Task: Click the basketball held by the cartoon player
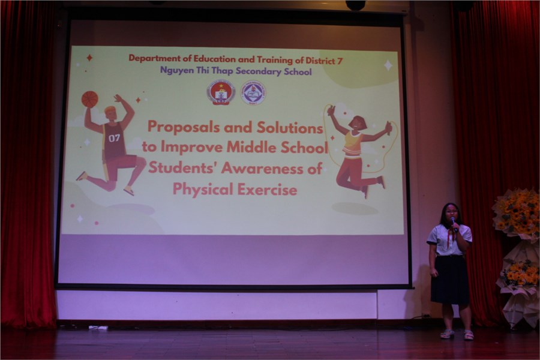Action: tap(90, 99)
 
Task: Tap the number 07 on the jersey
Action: tap(115, 138)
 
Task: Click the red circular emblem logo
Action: tap(221, 92)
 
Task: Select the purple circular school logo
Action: tap(253, 92)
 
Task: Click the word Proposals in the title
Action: tap(184, 127)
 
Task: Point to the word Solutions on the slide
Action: tap(290, 128)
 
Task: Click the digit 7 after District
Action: tap(340, 61)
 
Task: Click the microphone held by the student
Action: tap(454, 224)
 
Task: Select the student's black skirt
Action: tap(450, 280)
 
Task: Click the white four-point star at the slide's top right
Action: tap(388, 65)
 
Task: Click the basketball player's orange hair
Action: tap(110, 110)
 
